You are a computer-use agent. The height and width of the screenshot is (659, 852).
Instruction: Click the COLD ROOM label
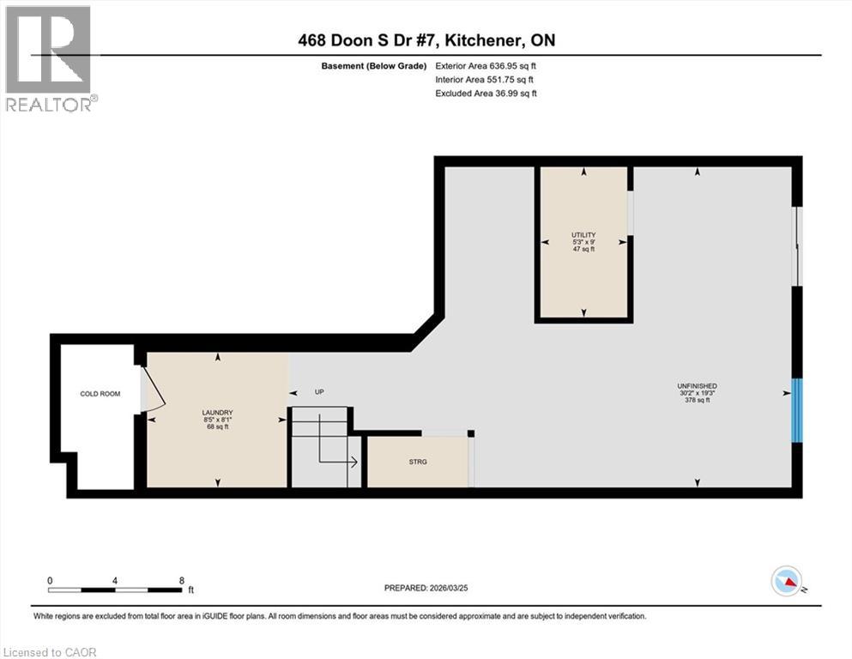click(100, 394)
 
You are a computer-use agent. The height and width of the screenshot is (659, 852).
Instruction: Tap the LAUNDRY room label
click(217, 413)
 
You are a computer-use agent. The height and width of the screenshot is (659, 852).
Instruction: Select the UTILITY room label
click(583, 235)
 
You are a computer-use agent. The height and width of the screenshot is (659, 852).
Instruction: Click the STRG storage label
click(417, 462)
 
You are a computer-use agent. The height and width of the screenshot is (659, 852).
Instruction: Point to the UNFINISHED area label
click(697, 386)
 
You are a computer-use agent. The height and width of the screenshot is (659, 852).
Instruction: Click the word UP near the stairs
click(319, 392)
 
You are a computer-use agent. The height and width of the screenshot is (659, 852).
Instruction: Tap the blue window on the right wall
click(796, 410)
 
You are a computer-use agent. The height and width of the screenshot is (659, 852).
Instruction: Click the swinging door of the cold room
click(153, 389)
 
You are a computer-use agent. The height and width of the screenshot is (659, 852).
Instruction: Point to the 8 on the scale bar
click(181, 580)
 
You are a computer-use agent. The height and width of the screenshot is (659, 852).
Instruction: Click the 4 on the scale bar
click(115, 580)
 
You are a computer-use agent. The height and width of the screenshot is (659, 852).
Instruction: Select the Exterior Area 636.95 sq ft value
click(486, 65)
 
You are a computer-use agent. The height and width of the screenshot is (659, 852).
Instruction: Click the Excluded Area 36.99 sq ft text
click(486, 93)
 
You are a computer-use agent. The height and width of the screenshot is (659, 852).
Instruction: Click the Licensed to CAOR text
click(50, 652)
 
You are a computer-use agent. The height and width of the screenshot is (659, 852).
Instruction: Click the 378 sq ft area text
click(697, 401)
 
